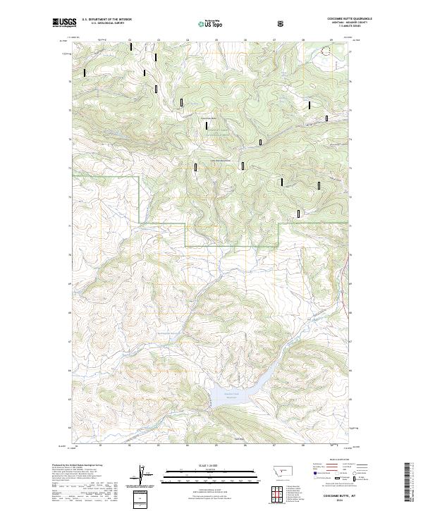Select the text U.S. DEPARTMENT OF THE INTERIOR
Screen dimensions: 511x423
pos(106,20)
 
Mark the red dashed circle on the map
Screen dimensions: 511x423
pos(326,50)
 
